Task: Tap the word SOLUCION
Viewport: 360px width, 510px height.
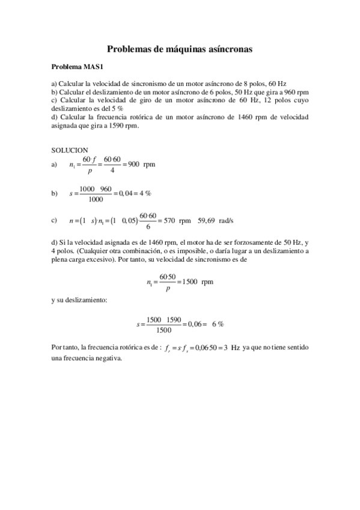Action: (70, 150)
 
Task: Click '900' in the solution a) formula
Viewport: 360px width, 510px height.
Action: (134, 164)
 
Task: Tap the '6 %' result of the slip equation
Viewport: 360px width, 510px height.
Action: (218, 324)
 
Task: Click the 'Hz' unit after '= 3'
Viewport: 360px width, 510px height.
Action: (236, 348)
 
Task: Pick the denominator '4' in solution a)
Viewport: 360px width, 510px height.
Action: (112, 170)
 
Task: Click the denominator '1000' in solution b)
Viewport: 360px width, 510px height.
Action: (95, 200)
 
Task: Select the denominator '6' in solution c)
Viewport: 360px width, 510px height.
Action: (148, 227)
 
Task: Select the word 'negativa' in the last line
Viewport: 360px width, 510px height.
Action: (108, 358)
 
